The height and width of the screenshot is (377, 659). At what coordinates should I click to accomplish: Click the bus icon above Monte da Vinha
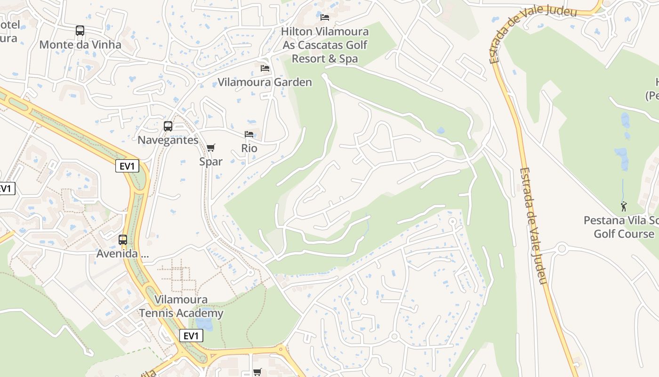80,31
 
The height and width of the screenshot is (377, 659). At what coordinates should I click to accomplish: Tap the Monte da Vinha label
80,45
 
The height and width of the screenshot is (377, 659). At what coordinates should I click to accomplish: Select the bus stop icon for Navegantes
168,126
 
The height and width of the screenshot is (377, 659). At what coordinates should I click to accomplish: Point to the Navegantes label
168,140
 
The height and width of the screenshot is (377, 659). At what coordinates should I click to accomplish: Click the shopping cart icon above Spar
211,148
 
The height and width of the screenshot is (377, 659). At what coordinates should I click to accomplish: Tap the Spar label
211,161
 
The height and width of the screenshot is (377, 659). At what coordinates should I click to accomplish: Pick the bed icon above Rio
249,135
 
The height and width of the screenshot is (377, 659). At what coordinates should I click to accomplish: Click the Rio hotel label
249,148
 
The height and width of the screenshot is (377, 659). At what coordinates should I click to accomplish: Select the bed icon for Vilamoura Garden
265,68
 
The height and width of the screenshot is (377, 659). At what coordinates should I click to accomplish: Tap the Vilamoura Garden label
265,82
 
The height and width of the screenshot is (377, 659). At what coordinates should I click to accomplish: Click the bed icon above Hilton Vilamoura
325,17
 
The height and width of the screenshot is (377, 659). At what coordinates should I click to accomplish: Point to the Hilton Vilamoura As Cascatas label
325,45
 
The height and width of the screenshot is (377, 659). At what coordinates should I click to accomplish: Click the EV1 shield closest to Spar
127,166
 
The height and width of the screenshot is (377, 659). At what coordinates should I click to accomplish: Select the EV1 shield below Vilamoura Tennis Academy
191,336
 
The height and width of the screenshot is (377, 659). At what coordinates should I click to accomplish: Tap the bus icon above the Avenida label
123,239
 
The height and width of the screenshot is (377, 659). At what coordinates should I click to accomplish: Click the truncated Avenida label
122,254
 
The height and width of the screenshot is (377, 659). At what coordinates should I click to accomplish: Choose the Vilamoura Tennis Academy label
181,306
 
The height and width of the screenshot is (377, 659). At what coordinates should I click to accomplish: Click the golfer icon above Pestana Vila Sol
624,206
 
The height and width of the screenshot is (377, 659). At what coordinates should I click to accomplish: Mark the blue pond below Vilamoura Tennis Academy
204,324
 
